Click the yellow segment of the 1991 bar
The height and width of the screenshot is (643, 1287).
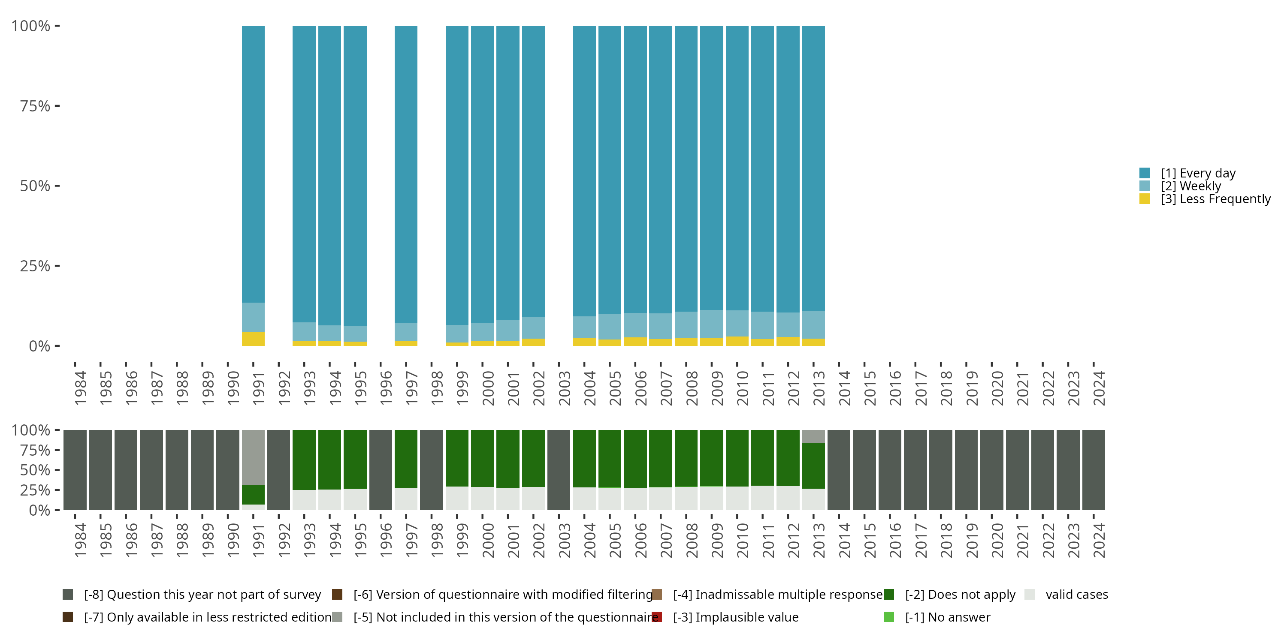[x=253, y=339]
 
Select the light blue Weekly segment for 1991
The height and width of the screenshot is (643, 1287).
[x=253, y=317]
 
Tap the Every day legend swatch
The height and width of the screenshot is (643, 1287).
[x=1145, y=173]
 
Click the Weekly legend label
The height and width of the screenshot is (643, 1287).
[x=1190, y=186]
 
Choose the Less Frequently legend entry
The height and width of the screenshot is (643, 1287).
[x=1215, y=199]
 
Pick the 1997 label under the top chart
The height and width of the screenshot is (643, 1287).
[x=411, y=388]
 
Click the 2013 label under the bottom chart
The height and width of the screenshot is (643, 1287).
[x=819, y=541]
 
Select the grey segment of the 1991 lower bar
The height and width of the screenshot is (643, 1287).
[x=253, y=457]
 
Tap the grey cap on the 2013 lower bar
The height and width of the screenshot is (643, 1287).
[x=813, y=436]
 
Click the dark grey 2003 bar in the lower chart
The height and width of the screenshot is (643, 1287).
[x=559, y=470]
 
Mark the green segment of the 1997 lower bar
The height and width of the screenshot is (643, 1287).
[x=406, y=458]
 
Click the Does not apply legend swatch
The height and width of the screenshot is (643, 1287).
[x=889, y=595]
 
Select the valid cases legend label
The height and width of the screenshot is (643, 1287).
[x=1077, y=595]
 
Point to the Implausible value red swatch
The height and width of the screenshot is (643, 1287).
[x=657, y=617]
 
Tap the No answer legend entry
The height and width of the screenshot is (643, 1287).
[x=947, y=617]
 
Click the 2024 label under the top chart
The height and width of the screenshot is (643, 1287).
[x=1099, y=388]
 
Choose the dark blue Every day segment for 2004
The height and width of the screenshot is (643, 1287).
[x=584, y=170]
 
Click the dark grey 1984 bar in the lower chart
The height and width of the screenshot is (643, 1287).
[x=75, y=470]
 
